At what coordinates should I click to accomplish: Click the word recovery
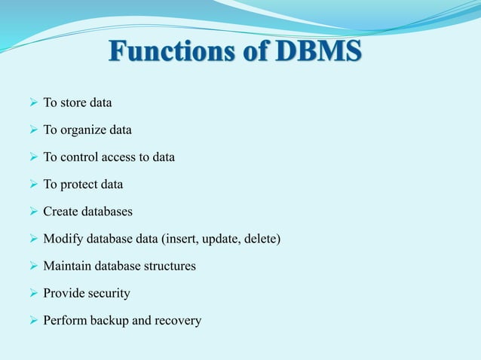(x=178, y=321)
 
